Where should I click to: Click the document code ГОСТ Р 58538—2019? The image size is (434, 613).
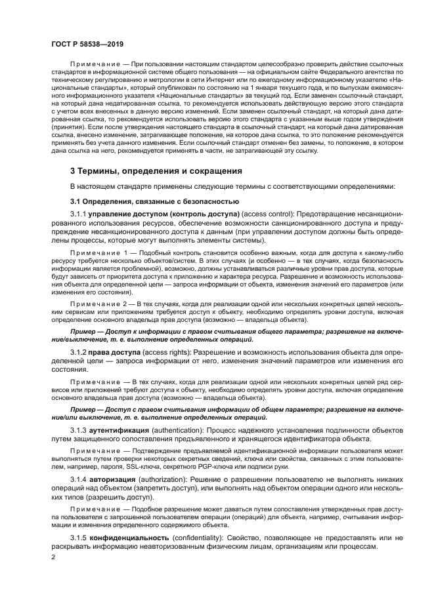point(87,41)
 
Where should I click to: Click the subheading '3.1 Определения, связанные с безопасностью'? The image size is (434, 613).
point(154,201)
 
